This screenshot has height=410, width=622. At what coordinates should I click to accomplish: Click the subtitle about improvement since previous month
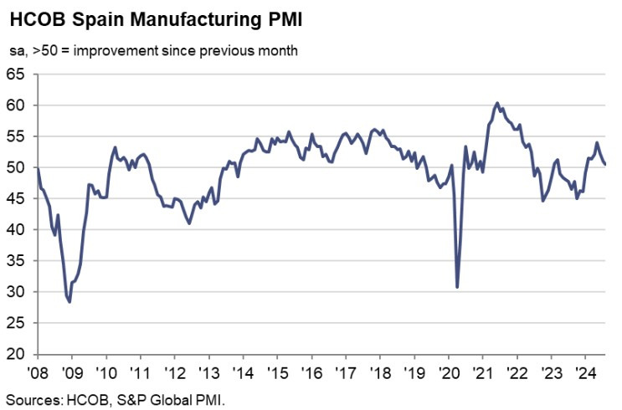(x=153, y=51)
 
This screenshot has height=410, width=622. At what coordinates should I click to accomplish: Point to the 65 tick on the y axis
(x=17, y=74)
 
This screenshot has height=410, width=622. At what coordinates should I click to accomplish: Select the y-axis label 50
(x=17, y=167)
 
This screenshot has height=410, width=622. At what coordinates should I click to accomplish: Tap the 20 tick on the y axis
(x=17, y=354)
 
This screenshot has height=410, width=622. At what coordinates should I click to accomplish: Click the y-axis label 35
(x=17, y=261)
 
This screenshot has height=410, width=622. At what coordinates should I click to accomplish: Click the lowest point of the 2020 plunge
(x=457, y=287)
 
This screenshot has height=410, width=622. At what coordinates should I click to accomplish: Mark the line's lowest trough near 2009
(x=69, y=301)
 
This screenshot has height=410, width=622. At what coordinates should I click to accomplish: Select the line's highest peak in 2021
(x=497, y=103)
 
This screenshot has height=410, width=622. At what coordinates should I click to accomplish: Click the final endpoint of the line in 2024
(x=605, y=164)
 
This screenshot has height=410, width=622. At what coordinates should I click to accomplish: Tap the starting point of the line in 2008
(x=38, y=169)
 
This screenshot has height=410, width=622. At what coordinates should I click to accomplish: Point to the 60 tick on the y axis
(x=17, y=105)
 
